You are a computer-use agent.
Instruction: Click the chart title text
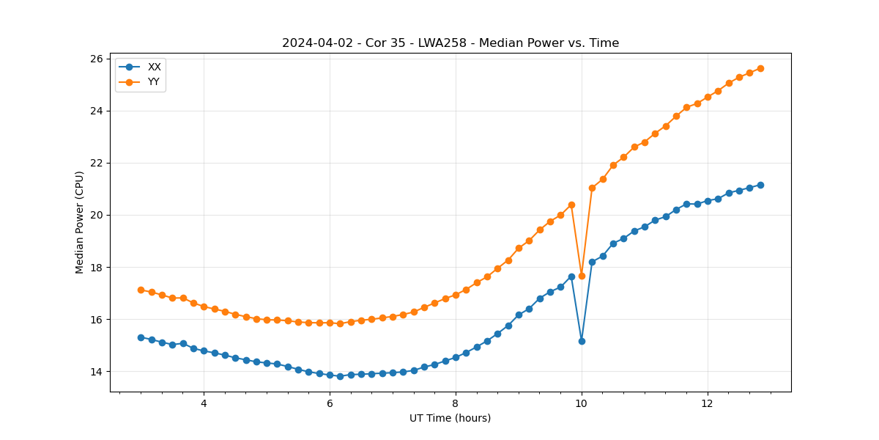pyautogui.click(x=450, y=43)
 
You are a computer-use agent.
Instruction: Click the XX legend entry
pyautogui.click(x=154, y=67)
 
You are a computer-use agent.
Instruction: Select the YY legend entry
pyautogui.click(x=153, y=81)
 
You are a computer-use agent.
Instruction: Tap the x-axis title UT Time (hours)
pyautogui.click(x=450, y=418)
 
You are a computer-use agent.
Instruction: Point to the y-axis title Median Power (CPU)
pyautogui.click(x=80, y=222)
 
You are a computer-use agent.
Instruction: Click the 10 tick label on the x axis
pyautogui.click(x=582, y=404)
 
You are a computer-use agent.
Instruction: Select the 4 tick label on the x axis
pyautogui.click(x=204, y=404)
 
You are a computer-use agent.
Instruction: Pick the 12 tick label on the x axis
pyautogui.click(x=708, y=404)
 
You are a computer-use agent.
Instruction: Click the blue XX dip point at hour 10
pyautogui.click(x=582, y=341)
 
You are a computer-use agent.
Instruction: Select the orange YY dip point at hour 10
pyautogui.click(x=582, y=276)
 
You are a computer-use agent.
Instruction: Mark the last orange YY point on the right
pyautogui.click(x=760, y=68)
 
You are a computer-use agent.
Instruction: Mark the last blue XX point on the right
pyautogui.click(x=760, y=185)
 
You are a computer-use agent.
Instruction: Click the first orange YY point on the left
pyautogui.click(x=141, y=290)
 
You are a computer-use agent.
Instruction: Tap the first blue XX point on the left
pyautogui.click(x=141, y=337)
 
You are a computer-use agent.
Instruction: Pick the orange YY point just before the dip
pyautogui.click(x=571, y=205)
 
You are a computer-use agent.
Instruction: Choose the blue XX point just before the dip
pyautogui.click(x=571, y=276)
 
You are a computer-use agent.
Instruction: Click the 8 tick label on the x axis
pyautogui.click(x=456, y=404)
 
